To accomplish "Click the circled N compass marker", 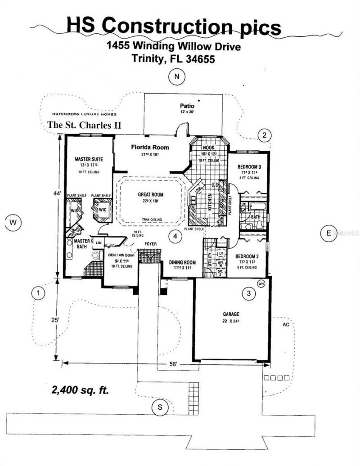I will (177, 77).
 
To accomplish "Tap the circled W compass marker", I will (14, 222).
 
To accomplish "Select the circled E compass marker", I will (328, 233).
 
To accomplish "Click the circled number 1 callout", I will (40, 294).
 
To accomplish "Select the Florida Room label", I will (150, 147).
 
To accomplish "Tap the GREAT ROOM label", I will (150, 195).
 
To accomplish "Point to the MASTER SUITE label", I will (89, 159).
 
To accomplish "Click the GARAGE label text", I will (231, 314).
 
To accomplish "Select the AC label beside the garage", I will (284, 324).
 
